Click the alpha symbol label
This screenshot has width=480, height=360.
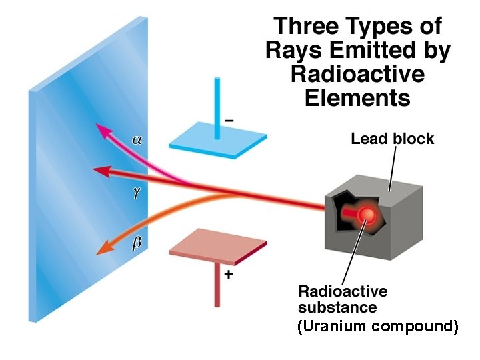[x=137, y=140]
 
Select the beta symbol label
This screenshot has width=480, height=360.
[x=137, y=243]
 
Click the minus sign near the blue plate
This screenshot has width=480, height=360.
[x=229, y=120]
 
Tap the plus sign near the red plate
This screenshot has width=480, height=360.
[x=229, y=273]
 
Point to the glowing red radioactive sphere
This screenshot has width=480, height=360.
[x=365, y=214]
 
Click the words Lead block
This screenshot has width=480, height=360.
[x=392, y=139]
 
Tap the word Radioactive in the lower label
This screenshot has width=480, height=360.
[x=343, y=291]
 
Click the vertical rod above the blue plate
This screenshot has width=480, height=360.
[x=217, y=107]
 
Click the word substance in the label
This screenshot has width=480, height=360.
[x=337, y=307]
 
